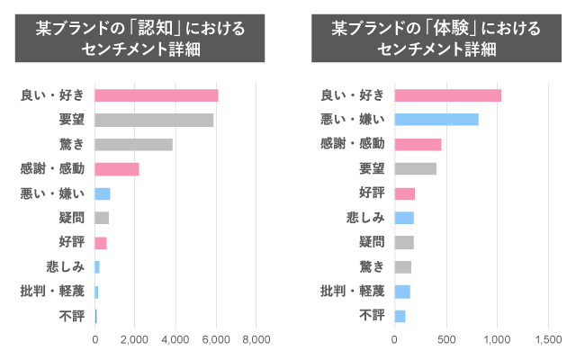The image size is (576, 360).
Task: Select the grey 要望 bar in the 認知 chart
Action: [x=154, y=120]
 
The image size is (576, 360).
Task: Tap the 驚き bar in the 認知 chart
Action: [x=133, y=144]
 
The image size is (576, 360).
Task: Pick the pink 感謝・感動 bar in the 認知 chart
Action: [x=117, y=168]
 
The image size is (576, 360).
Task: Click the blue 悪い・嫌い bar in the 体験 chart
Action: [x=436, y=120]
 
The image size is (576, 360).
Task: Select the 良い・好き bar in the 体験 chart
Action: [x=447, y=95]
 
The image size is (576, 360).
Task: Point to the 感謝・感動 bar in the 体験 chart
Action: [x=418, y=144]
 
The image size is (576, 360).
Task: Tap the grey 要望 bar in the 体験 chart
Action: [x=415, y=168]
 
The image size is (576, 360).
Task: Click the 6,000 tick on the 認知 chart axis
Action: [x=216, y=339]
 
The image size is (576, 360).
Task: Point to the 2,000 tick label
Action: [x=135, y=339]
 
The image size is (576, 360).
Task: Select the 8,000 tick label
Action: [x=256, y=339]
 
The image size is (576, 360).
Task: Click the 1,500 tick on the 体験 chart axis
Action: [x=549, y=339]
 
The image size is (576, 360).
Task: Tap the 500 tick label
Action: [x=446, y=339]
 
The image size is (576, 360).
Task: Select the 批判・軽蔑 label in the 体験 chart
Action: [x=353, y=291]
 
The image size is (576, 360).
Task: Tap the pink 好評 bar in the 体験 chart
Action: [x=404, y=193]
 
